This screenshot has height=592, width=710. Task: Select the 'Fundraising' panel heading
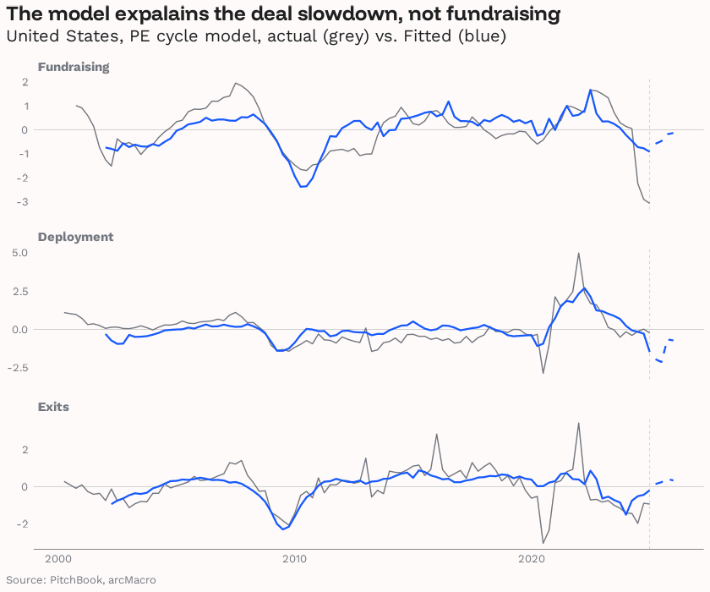tap(74, 67)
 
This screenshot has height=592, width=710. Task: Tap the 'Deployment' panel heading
tap(75, 237)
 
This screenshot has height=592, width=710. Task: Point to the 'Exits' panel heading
tap(53, 407)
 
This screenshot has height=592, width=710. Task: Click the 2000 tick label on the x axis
tap(58, 559)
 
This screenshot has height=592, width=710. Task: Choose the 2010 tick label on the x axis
tap(295, 559)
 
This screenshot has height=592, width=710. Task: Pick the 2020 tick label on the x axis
tap(532, 559)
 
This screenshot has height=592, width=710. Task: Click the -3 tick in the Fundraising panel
tap(25, 202)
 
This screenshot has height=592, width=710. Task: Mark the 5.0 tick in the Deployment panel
tap(21, 253)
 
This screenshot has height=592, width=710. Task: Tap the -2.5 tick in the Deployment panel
tap(19, 368)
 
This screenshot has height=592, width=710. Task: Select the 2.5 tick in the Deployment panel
tap(21, 291)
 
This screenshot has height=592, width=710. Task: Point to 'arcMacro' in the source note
tap(134, 580)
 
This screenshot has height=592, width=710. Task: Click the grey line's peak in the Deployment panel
tap(578, 253)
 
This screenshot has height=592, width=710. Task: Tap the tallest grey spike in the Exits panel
tap(578, 423)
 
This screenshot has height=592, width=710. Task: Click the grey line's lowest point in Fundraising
tap(648, 203)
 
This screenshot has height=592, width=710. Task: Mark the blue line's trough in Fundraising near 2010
tap(302, 186)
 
